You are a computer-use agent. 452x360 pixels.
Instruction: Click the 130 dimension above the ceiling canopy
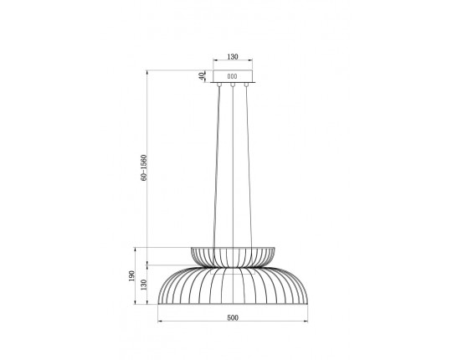233,57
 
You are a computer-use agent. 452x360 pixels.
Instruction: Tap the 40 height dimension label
203,75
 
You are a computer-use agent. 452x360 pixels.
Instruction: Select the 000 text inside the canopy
233,76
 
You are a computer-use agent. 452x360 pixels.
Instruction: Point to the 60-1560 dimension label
144,168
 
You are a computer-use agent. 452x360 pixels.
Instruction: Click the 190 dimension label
131,275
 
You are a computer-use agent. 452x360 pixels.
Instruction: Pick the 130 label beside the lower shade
144,285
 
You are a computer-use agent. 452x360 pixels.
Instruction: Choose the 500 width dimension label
233,317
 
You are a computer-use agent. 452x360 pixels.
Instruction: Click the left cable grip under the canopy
219,85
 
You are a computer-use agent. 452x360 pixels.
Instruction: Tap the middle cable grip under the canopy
233,85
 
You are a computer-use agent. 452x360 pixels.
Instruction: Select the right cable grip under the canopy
246,85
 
